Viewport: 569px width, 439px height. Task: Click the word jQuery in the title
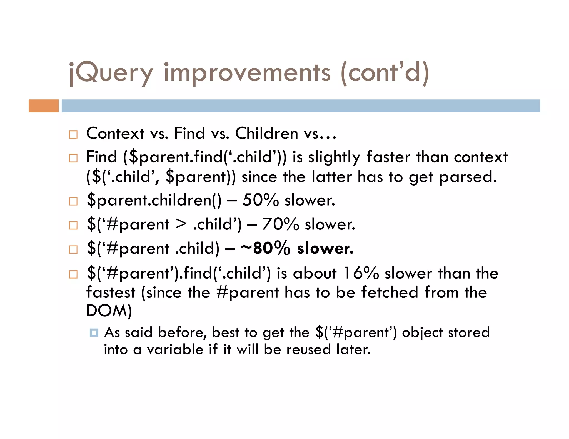tap(111, 73)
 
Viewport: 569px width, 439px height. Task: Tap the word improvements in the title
tap(247, 73)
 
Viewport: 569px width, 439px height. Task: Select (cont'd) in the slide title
tap(385, 73)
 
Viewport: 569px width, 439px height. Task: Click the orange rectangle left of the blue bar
tap(44, 106)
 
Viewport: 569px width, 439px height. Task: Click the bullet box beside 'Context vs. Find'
tap(73, 135)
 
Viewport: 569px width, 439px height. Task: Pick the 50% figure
tap(260, 200)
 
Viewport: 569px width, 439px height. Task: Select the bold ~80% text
tap(265, 248)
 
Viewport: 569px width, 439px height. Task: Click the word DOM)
tap(109, 311)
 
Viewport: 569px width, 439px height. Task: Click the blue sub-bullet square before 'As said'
tap(94, 332)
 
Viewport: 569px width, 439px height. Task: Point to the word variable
tap(175, 350)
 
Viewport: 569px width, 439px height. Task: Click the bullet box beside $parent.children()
tap(73, 201)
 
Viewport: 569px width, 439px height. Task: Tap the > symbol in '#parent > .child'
tap(181, 224)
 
